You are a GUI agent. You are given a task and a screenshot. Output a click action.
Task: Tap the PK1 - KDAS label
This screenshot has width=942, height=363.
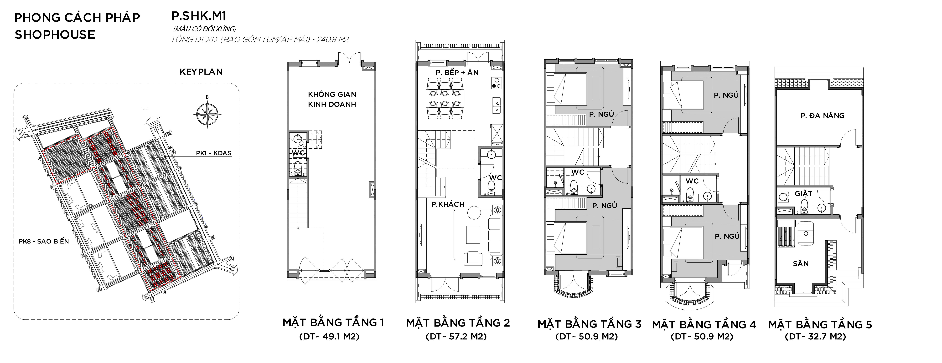tap(214, 153)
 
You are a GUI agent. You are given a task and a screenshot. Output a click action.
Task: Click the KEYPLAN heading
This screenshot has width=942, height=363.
tap(201, 72)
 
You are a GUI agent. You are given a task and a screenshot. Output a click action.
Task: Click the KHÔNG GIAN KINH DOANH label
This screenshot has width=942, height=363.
tap(332, 99)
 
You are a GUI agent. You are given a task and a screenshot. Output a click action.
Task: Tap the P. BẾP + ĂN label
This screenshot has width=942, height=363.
tap(457, 72)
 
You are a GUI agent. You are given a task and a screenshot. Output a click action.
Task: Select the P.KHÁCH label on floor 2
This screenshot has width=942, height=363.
tap(448, 204)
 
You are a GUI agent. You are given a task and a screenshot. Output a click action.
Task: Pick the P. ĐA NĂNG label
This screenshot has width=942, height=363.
tap(822, 116)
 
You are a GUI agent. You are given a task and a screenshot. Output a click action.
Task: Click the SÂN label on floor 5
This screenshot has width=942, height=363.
tap(801, 264)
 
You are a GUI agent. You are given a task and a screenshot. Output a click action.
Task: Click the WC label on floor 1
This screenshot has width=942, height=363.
tap(298, 153)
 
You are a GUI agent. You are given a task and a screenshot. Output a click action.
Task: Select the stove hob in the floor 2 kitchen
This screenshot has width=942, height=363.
tap(496, 83)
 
